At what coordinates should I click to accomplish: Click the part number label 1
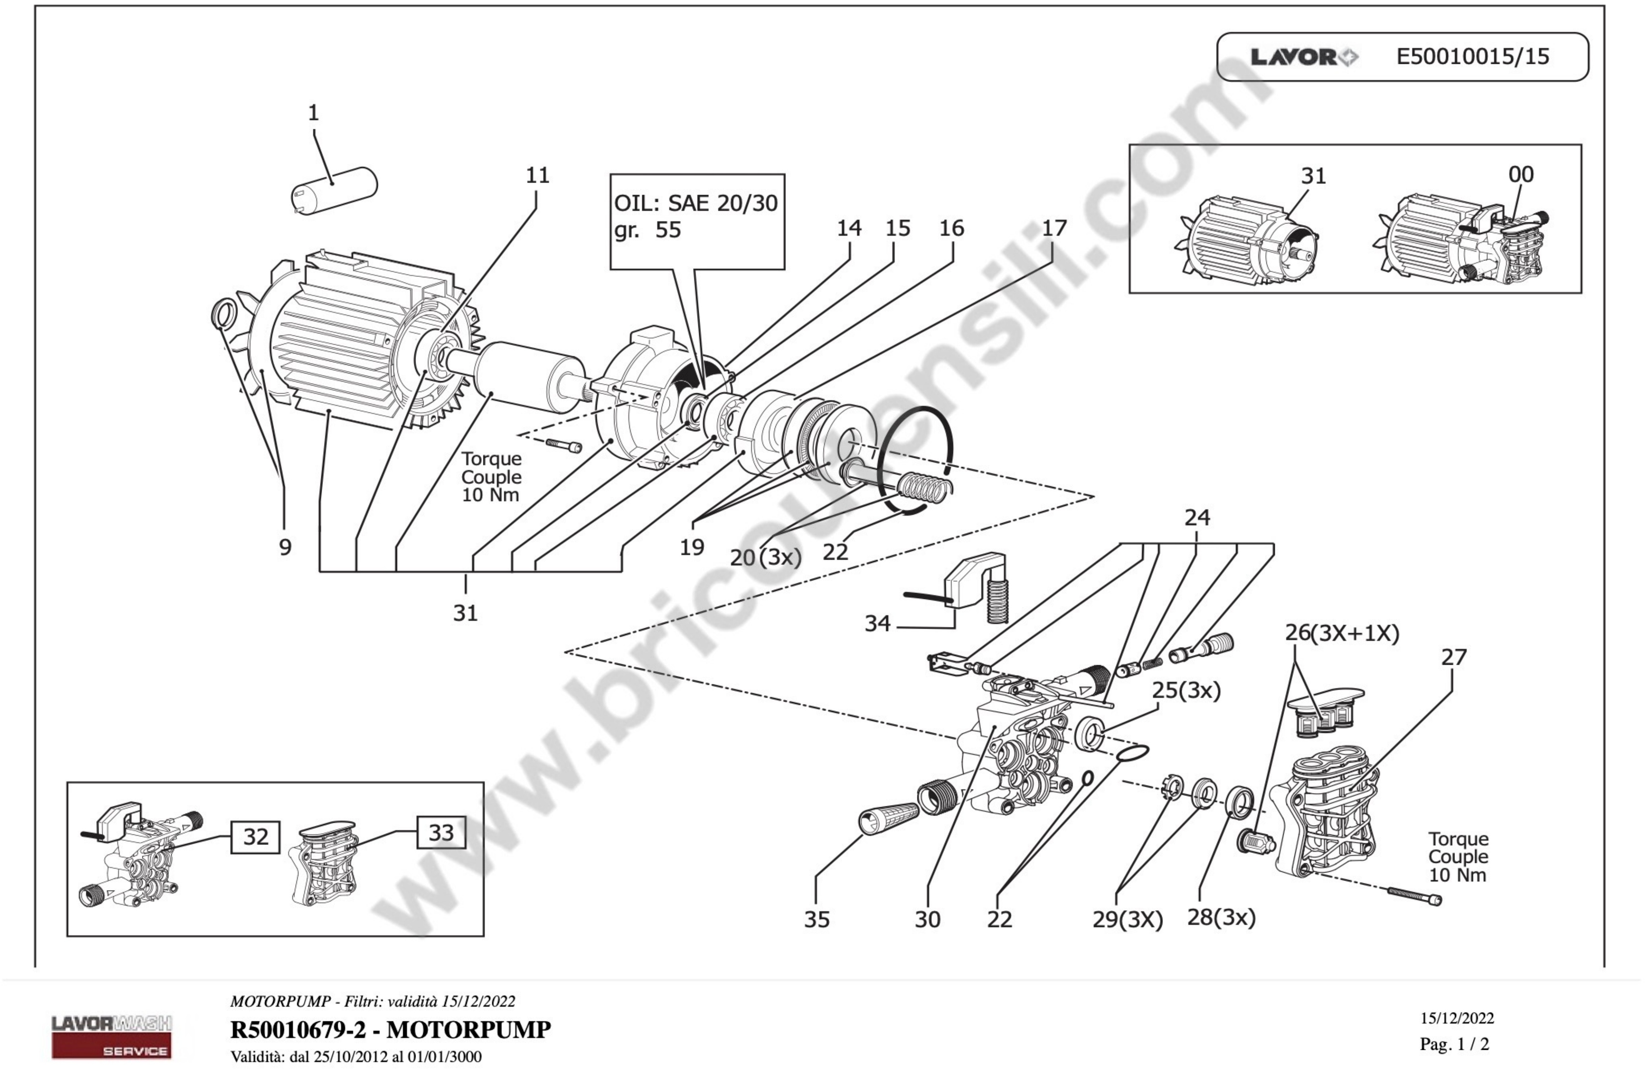313,113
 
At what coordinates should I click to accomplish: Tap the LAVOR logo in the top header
1304,57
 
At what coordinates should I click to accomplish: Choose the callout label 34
877,623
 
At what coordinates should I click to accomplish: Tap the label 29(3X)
1127,920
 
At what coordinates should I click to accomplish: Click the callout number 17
1054,228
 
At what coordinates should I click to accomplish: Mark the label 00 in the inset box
1521,174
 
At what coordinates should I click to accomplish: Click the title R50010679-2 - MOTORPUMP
391,1029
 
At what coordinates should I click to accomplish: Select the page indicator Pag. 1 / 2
1454,1044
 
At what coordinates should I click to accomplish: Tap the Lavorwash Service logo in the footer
111,1036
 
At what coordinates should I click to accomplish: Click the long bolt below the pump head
1413,896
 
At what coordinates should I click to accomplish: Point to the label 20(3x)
765,557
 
